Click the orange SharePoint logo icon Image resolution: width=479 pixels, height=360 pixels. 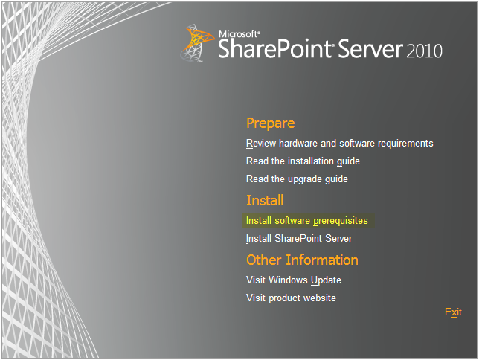pyautogui.click(x=196, y=43)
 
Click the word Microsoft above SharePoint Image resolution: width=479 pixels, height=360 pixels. pyautogui.click(x=239, y=34)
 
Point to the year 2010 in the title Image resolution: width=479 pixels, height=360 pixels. pyautogui.click(x=424, y=51)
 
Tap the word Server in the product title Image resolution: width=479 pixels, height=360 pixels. pyautogui.click(x=370, y=49)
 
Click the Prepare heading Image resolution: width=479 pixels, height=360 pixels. pyautogui.click(x=270, y=123)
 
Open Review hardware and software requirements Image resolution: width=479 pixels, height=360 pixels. pyautogui.click(x=340, y=144)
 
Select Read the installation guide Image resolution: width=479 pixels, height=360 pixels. pyautogui.click(x=303, y=161)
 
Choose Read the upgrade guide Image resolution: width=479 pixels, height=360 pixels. pyautogui.click(x=297, y=179)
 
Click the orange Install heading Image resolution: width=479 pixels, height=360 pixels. pyautogui.click(x=265, y=201)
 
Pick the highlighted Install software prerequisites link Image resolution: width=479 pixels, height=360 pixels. pyautogui.click(x=307, y=221)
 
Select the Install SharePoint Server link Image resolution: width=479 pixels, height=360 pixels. pyautogui.click(x=299, y=238)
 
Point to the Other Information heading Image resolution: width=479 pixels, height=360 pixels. pyautogui.click(x=302, y=260)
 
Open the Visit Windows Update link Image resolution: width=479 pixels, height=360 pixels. pyautogui.click(x=294, y=280)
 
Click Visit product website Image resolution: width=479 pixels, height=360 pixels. pyautogui.click(x=291, y=298)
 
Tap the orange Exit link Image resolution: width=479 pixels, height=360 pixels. pyautogui.click(x=453, y=312)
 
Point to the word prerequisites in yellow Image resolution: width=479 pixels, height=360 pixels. pyautogui.click(x=341, y=221)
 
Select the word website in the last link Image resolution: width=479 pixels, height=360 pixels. pyautogui.click(x=320, y=298)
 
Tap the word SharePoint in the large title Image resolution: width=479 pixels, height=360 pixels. pyautogui.click(x=276, y=49)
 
